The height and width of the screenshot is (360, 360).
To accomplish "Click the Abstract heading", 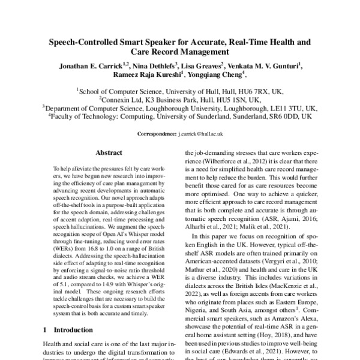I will click(110, 153).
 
